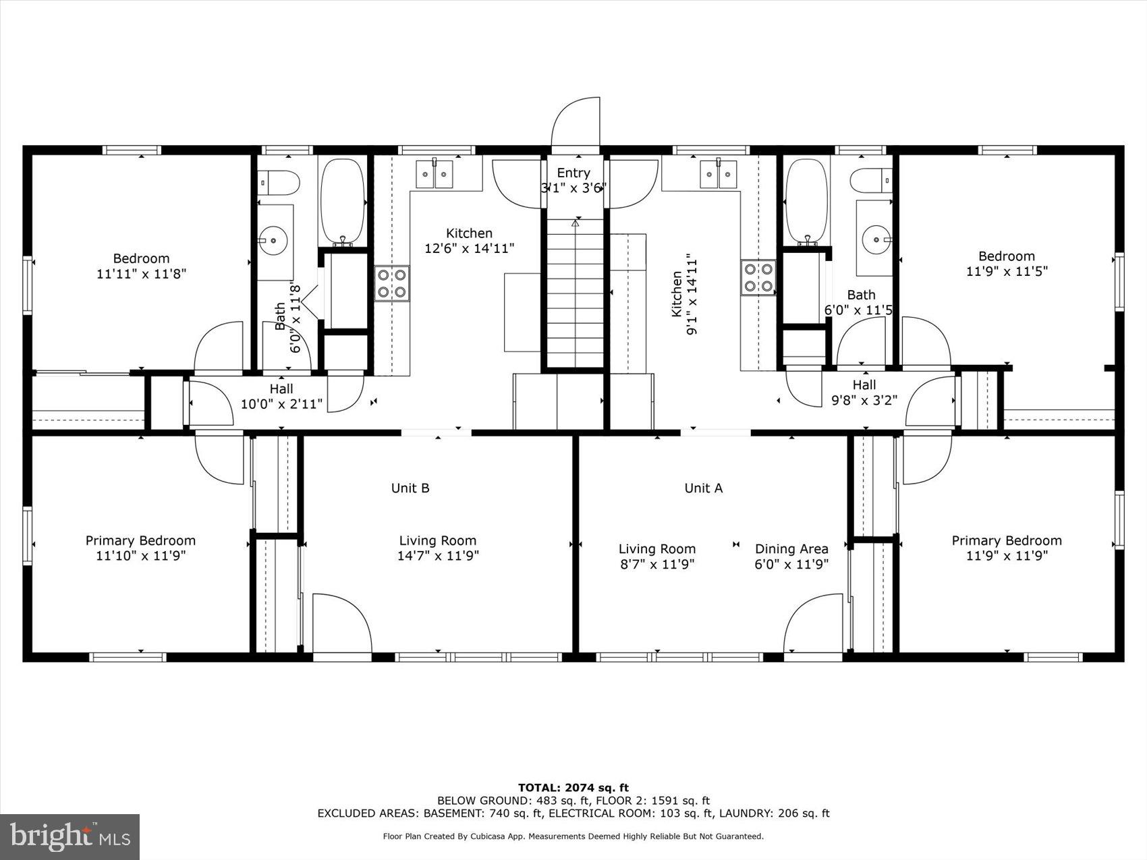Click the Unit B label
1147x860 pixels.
click(x=410, y=488)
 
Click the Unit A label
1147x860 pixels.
click(x=703, y=488)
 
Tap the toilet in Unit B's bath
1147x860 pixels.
click(x=279, y=181)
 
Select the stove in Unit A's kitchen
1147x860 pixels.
click(x=758, y=278)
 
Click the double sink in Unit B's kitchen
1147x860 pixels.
click(x=434, y=175)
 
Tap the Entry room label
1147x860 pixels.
click(x=573, y=173)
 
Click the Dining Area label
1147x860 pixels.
click(x=791, y=549)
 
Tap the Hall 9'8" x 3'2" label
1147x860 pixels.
click(x=864, y=392)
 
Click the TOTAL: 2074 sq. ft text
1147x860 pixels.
click(x=573, y=787)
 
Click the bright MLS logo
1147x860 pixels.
click(x=70, y=836)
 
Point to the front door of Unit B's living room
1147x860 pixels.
click(x=342, y=624)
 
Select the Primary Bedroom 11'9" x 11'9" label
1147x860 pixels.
click(x=1006, y=548)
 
